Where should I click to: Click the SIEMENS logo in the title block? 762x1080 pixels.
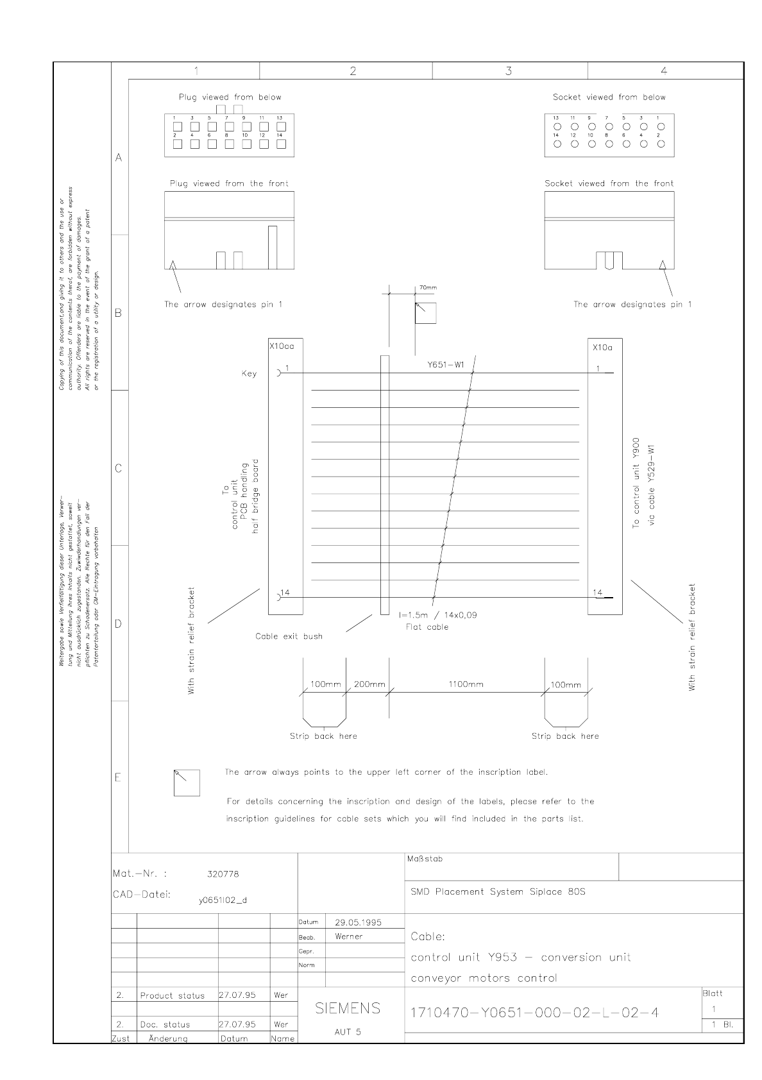[x=348, y=1009]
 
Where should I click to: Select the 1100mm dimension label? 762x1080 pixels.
[x=466, y=684]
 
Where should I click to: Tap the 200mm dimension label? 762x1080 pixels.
[x=369, y=684]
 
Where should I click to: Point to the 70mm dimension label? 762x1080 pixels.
[x=427, y=288]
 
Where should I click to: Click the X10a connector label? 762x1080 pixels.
[x=602, y=347]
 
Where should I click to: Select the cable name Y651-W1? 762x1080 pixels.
[x=446, y=365]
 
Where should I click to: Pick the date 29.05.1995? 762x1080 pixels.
[x=358, y=922]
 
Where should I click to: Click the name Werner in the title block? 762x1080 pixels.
[x=348, y=936]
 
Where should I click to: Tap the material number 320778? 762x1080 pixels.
[x=223, y=874]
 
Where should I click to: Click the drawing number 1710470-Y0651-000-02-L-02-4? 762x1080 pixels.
[x=534, y=1013]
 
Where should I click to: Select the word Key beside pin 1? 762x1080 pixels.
[x=249, y=373]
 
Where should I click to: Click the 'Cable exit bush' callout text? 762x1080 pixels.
[x=289, y=636]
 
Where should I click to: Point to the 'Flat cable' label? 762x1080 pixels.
[x=427, y=627]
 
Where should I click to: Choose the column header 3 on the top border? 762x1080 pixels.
[x=509, y=71]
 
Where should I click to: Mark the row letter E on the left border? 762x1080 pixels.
[x=118, y=778]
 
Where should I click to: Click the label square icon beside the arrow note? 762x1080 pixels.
[x=187, y=782]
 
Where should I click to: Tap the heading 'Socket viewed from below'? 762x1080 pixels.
[x=609, y=97]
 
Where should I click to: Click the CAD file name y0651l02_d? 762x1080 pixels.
[x=223, y=900]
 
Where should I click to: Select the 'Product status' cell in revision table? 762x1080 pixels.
[x=172, y=996]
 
